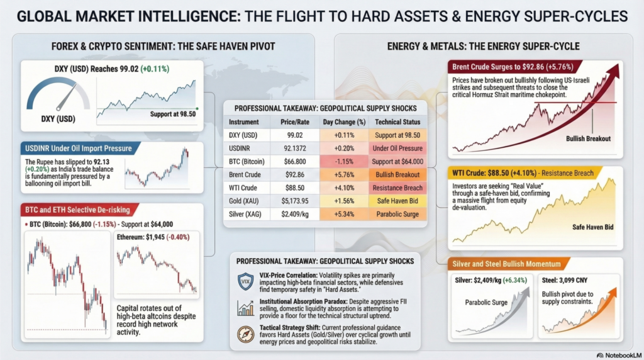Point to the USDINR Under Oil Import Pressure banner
click(x=77, y=149)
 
